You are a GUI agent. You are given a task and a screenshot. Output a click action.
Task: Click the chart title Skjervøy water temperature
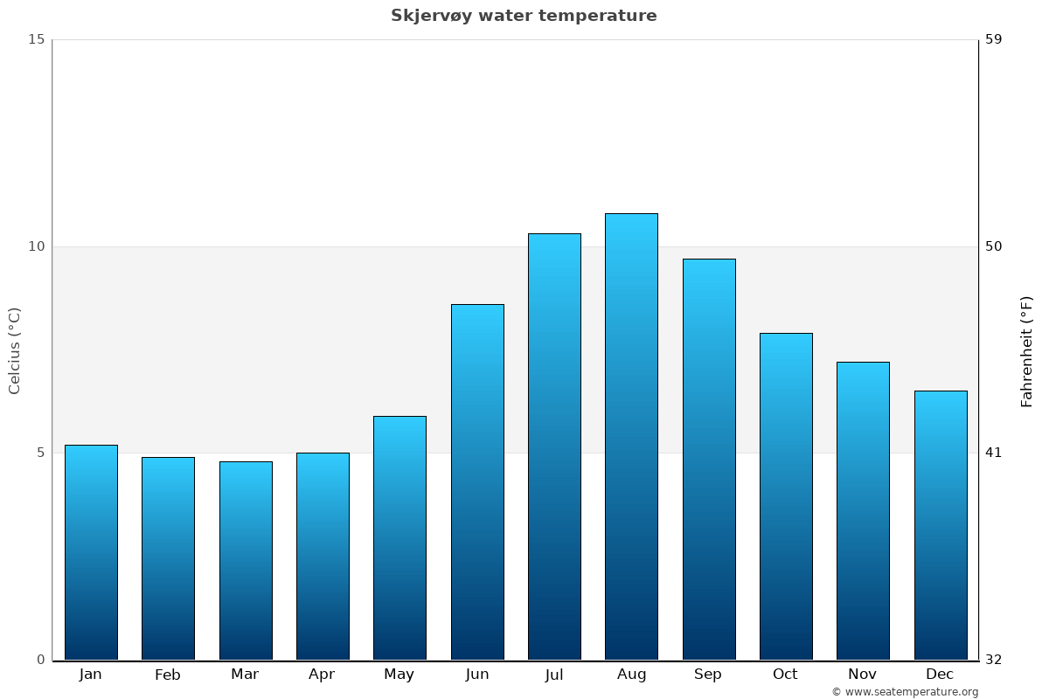524,16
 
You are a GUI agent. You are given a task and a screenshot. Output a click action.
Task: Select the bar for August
631,437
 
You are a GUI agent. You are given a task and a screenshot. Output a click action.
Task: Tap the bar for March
246,560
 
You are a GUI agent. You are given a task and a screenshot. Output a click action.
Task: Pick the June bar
477,481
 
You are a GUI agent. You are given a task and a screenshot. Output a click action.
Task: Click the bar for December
941,525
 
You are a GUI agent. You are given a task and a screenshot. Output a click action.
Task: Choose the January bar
91,552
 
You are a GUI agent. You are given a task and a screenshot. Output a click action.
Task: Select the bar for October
786,496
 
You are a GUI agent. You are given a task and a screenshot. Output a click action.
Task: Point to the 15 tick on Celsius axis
36,39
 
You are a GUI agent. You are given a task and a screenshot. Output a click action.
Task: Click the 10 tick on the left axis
36,246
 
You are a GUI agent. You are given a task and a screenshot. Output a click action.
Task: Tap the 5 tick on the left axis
39,453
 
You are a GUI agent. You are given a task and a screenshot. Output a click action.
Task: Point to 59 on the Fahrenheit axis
994,39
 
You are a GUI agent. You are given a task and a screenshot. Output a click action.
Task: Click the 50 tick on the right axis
994,246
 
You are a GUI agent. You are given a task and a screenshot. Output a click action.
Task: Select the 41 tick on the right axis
994,453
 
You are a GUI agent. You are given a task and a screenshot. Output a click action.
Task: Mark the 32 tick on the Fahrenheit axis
994,660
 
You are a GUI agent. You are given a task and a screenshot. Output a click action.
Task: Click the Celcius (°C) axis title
15,350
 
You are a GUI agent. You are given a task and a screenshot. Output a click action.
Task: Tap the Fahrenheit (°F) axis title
1027,350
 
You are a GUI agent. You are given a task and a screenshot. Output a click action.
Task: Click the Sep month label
708,675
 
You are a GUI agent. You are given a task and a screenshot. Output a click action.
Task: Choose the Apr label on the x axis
322,675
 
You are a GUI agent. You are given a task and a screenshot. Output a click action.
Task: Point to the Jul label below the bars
554,675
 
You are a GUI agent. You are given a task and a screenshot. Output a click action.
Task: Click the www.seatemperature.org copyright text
905,692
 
